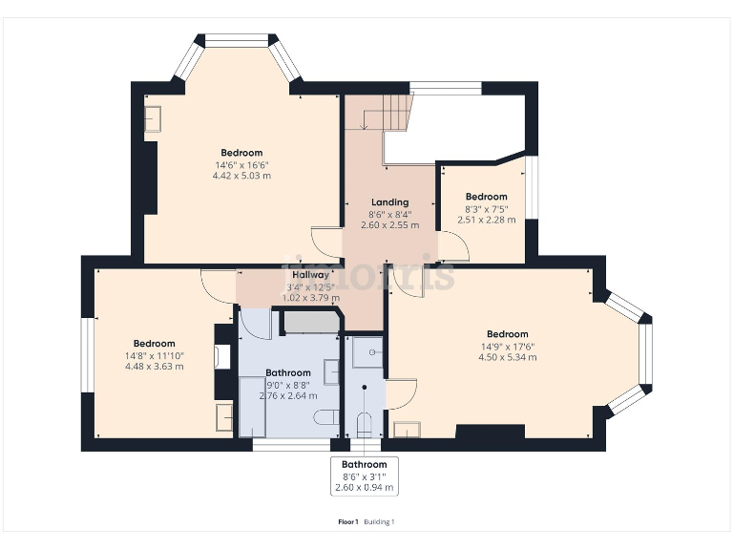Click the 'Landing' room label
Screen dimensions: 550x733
pyautogui.click(x=389, y=202)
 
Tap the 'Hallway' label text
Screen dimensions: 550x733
pyautogui.click(x=310, y=274)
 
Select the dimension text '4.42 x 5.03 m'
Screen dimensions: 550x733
pyautogui.click(x=241, y=176)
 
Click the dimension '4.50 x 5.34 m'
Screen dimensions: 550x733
pyautogui.click(x=507, y=357)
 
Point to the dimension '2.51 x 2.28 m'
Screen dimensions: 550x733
pyautogui.click(x=486, y=220)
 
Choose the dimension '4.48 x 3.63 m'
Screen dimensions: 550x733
pyautogui.click(x=154, y=367)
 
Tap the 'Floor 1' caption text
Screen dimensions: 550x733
pyautogui.click(x=348, y=521)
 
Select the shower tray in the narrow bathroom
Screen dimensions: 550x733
pyautogui.click(x=366, y=352)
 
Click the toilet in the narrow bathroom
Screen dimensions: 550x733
pyautogui.click(x=364, y=422)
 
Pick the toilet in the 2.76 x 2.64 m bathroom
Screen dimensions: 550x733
pyautogui.click(x=325, y=416)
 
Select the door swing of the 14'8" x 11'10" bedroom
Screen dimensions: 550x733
pyautogui.click(x=219, y=286)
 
